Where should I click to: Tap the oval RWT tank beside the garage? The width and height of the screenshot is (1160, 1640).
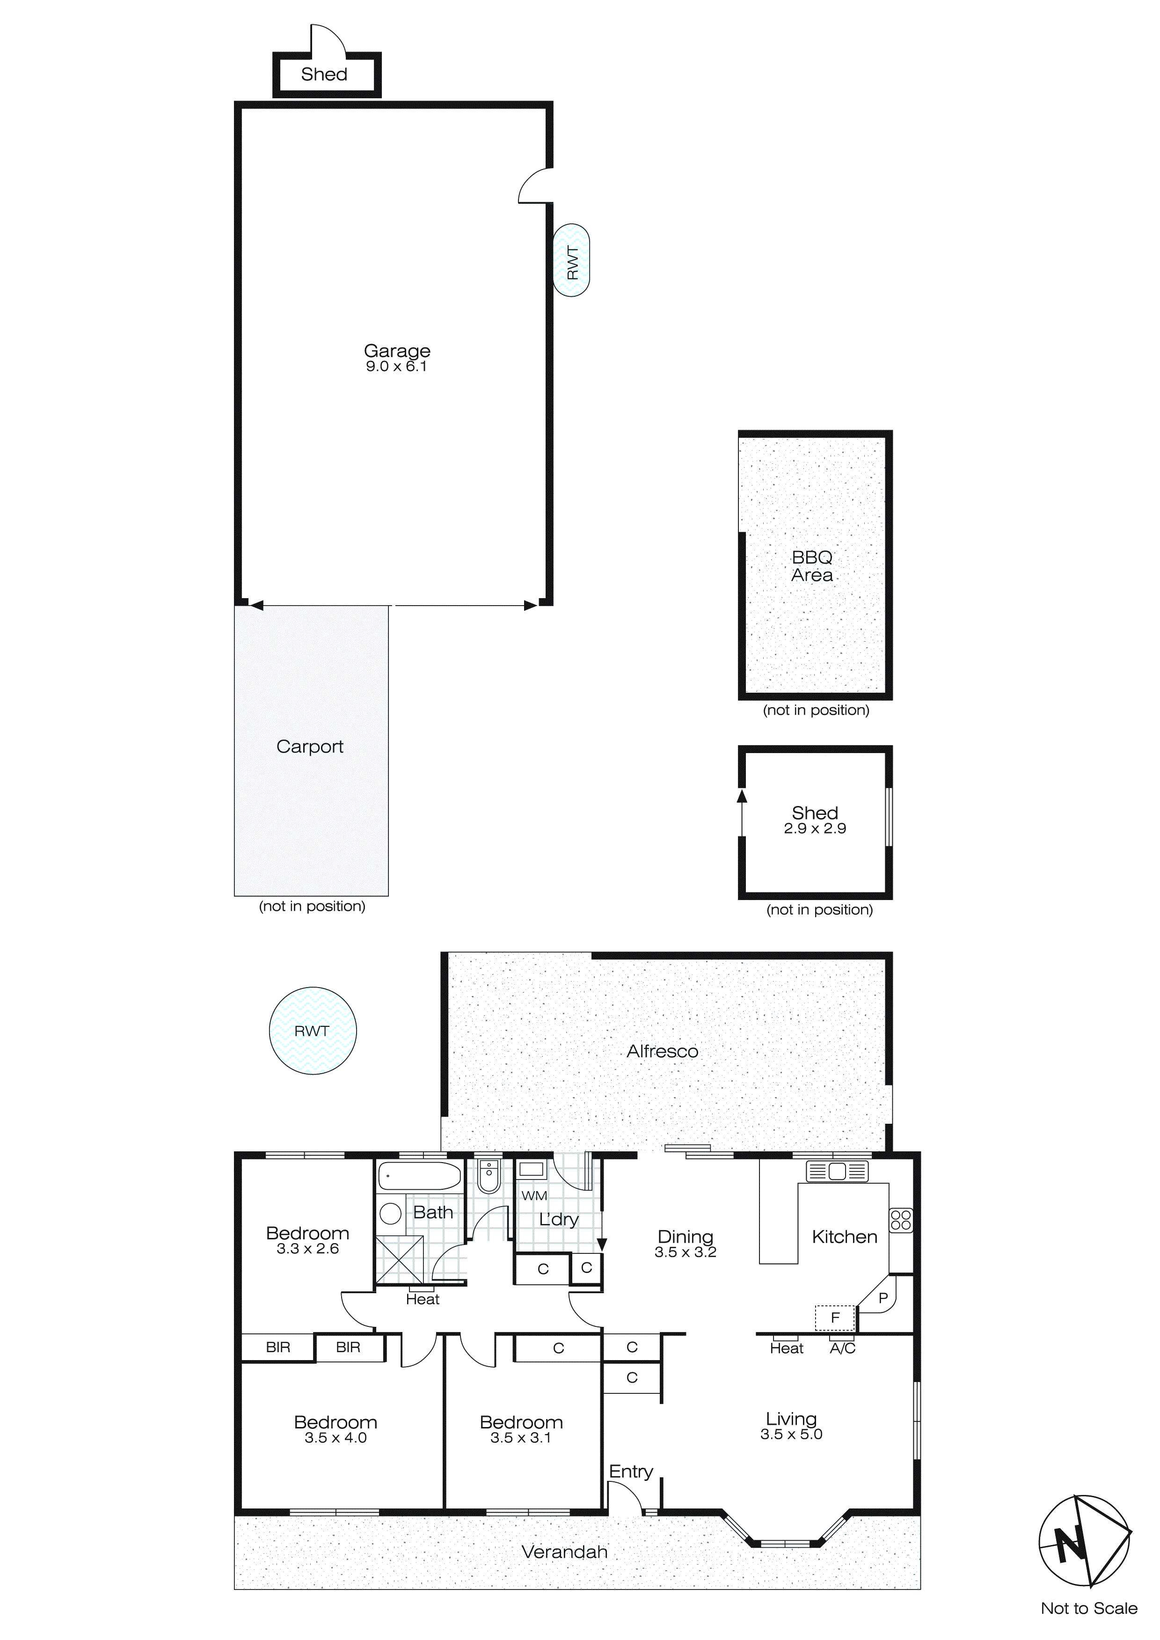click(x=571, y=260)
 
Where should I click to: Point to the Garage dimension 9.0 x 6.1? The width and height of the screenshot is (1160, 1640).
click(x=396, y=366)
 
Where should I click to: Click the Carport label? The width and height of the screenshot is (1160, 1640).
click(x=310, y=747)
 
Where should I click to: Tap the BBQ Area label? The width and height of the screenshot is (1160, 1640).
click(x=812, y=566)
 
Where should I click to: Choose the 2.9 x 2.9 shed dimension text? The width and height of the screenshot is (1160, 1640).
click(x=815, y=828)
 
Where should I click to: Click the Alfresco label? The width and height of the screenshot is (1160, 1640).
click(x=662, y=1051)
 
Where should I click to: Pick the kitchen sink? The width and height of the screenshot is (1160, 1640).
click(x=837, y=1171)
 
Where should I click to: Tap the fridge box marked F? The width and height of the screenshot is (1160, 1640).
click(x=835, y=1318)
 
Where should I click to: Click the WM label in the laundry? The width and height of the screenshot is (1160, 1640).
click(x=534, y=1196)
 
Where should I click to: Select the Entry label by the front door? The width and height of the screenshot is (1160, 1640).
click(x=631, y=1472)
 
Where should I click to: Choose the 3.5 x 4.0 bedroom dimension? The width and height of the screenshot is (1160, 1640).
click(x=336, y=1438)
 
